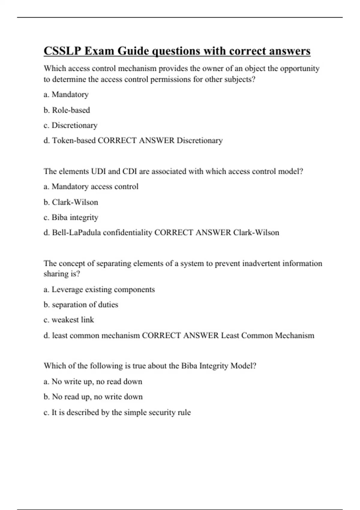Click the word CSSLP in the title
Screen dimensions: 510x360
[x=62, y=51]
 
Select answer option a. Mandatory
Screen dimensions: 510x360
[x=66, y=94]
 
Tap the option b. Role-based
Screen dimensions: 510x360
[x=67, y=110]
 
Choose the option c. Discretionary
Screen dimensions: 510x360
[x=71, y=125]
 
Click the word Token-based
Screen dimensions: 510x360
[x=74, y=140]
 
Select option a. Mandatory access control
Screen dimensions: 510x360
[x=91, y=187]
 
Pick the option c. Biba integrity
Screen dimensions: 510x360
[x=71, y=217]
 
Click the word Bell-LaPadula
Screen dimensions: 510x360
[x=76, y=232]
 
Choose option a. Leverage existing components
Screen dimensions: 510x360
[x=99, y=289]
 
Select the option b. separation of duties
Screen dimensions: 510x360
[x=81, y=304]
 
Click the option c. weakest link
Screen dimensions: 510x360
[x=69, y=320]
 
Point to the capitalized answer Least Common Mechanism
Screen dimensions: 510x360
[x=268, y=335]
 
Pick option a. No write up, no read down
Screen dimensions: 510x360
[x=93, y=382]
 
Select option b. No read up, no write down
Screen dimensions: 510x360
[x=93, y=397]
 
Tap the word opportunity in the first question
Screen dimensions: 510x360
[x=299, y=69]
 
